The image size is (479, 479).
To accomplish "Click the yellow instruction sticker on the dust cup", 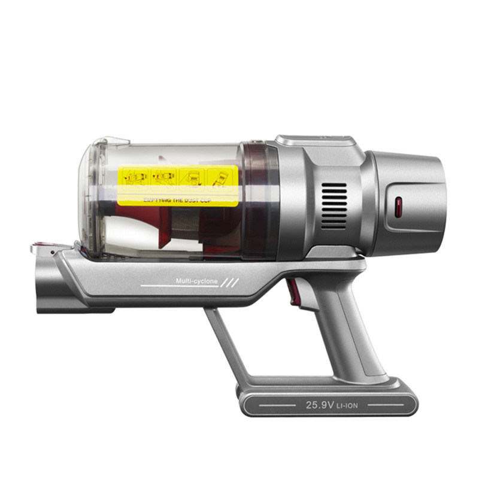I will (x=178, y=184).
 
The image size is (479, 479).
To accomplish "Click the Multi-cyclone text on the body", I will (x=197, y=281).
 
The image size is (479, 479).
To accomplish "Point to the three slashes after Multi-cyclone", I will (x=229, y=281).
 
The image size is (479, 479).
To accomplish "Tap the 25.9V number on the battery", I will (x=319, y=405).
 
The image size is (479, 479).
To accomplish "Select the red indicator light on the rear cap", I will (x=398, y=208).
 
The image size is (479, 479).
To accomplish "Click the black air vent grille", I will (x=334, y=205).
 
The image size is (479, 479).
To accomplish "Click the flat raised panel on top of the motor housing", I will (x=316, y=140).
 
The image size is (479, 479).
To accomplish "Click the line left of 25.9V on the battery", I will (x=275, y=405).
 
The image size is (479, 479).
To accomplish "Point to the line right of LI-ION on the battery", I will (x=384, y=405).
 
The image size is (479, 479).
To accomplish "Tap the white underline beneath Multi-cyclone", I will (x=180, y=287).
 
